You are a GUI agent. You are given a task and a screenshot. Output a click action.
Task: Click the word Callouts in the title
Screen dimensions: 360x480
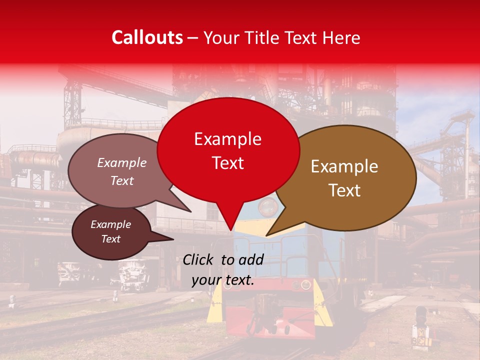coord(147,37)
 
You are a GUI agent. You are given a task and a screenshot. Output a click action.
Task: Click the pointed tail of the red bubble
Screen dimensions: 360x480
coord(230,222)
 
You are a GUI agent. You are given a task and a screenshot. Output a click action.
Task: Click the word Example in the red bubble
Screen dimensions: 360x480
coord(227,139)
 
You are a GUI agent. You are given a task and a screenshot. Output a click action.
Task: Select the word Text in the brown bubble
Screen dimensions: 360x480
coord(344,190)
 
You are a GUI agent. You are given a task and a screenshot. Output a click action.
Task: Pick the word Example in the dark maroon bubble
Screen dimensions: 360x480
coord(110,224)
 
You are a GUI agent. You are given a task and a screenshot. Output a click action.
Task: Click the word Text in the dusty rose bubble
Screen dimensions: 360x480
coord(122,181)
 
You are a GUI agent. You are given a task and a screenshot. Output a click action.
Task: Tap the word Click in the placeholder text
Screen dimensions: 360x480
coord(198,259)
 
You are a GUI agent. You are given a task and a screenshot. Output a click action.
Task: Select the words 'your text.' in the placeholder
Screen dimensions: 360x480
coord(223,280)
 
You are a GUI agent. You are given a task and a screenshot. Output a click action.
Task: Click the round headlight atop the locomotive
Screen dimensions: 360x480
coord(268,205)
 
